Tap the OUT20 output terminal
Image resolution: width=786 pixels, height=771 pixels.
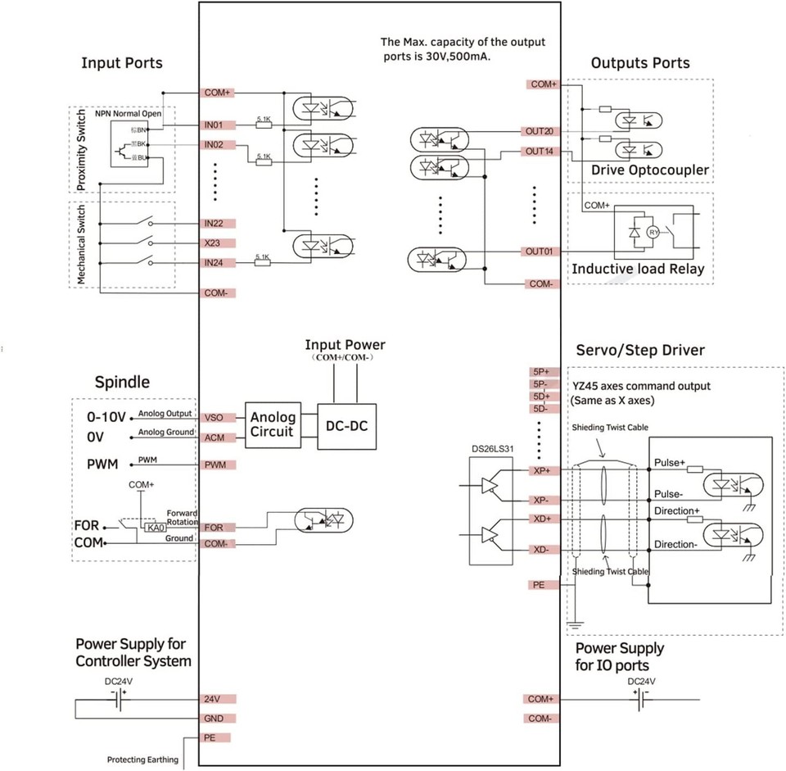pyautogui.click(x=541, y=132)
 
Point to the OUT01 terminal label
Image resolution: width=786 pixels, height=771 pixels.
pyautogui.click(x=541, y=252)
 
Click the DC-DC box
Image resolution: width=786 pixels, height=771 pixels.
pyautogui.click(x=346, y=425)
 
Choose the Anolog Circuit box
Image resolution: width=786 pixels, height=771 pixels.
pyautogui.click(x=273, y=425)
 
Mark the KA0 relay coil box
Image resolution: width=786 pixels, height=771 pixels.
pyautogui.click(x=153, y=528)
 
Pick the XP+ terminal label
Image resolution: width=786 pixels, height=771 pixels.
pyautogui.click(x=541, y=471)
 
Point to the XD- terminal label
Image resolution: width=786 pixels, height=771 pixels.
pyautogui.click(x=541, y=550)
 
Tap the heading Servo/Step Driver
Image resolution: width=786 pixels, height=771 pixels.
pyautogui.click(x=639, y=350)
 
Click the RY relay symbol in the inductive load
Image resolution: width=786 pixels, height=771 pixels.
pyautogui.click(x=653, y=233)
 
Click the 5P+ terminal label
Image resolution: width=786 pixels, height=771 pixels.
pyautogui.click(x=541, y=371)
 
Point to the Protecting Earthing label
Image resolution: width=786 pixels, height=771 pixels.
pyautogui.click(x=142, y=760)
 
